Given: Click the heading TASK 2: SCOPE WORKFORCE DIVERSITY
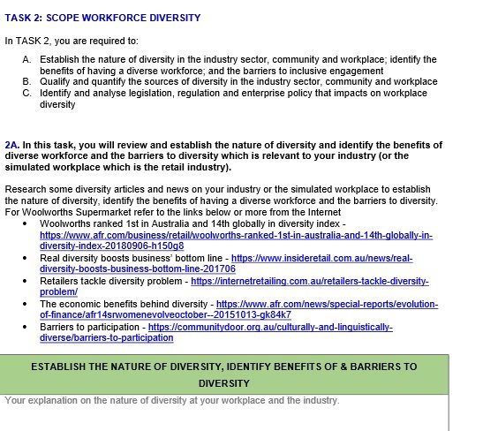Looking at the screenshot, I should pos(102,18).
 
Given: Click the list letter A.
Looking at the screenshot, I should pos(26,60).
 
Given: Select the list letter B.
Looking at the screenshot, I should pos(26,82).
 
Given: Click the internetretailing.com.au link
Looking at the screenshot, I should pos(309,281).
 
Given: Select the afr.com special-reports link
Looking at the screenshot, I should pos(336,303).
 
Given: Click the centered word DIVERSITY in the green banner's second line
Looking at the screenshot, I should pos(224,383).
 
